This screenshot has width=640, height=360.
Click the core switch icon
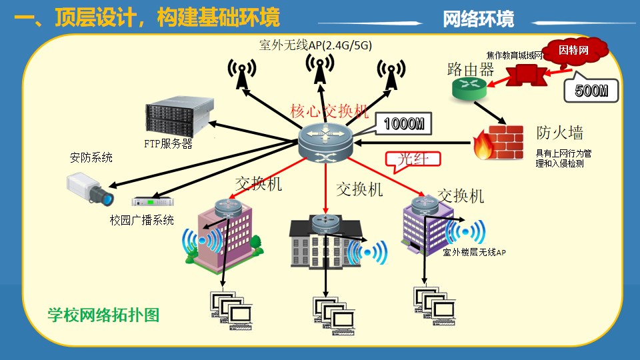pos(325,141)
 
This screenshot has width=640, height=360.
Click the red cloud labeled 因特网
pos(574,51)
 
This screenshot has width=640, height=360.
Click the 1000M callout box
pos(403,123)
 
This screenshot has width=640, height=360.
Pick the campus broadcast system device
pos(153,201)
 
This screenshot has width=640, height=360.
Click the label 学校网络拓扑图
pos(103,315)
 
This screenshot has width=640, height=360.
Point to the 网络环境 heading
pos(479,19)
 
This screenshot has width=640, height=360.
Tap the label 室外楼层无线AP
pos(475,252)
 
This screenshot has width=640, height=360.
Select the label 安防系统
pos(91,158)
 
